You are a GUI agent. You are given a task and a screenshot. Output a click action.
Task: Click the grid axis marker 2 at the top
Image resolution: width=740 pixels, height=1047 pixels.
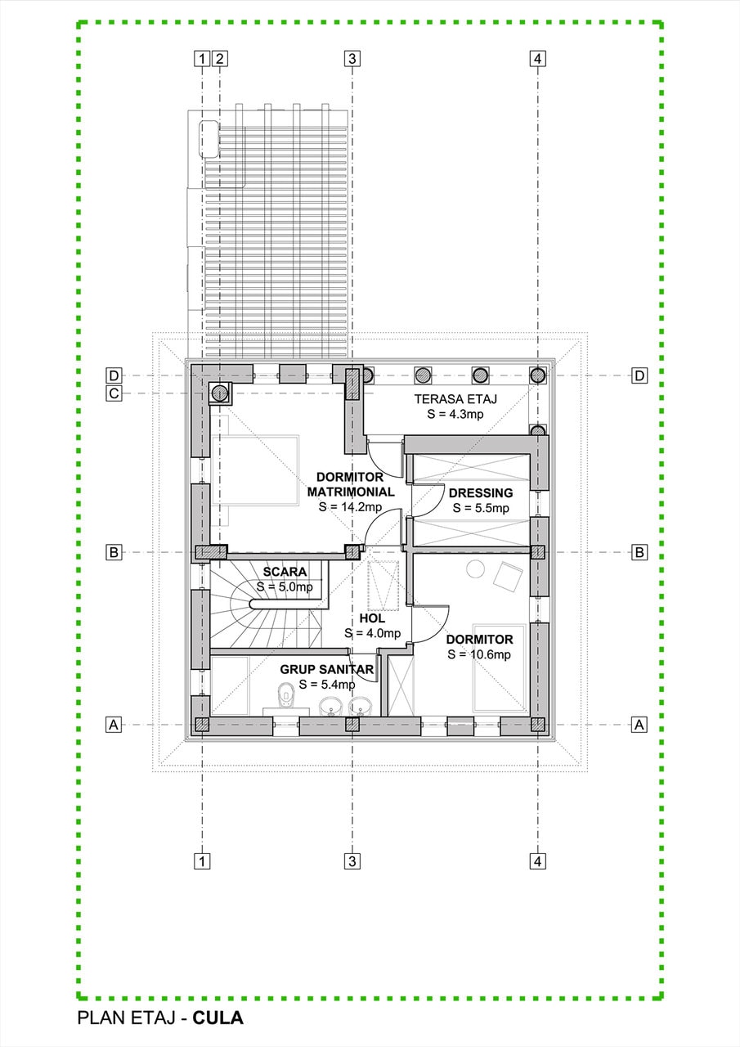click(x=220, y=58)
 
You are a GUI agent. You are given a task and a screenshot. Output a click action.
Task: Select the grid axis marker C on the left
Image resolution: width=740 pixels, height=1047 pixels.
click(x=114, y=393)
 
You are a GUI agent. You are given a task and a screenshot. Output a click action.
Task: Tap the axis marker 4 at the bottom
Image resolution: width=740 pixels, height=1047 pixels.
click(x=537, y=861)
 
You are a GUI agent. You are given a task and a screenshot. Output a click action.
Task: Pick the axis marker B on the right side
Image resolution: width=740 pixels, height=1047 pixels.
click(x=639, y=552)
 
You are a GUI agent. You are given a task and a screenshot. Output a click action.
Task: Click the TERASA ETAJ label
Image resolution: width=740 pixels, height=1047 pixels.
click(x=455, y=399)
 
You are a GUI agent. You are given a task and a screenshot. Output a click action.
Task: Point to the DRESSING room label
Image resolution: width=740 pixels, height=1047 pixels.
click(x=480, y=492)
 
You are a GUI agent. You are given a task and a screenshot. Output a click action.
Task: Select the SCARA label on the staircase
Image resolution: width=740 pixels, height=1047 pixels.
click(x=285, y=571)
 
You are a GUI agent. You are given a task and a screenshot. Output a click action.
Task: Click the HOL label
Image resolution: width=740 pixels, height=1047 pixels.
click(x=372, y=619)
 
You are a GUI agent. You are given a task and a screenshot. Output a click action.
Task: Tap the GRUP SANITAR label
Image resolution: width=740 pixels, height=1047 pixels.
click(x=327, y=669)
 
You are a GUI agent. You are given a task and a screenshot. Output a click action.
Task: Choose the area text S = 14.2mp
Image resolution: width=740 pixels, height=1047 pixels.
click(x=350, y=507)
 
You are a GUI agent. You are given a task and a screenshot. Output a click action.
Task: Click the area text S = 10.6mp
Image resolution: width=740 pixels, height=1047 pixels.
click(x=479, y=654)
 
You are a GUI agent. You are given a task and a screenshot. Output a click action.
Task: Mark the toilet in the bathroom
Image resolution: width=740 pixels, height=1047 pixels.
click(x=285, y=699)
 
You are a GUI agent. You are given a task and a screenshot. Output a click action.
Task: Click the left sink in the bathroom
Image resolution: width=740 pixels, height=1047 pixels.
click(x=330, y=705)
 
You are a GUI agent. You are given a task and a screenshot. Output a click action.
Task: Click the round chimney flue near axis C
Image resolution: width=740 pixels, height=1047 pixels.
click(x=219, y=393)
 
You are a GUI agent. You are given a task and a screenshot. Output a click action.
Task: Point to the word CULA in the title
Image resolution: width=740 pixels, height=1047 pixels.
click(x=218, y=1018)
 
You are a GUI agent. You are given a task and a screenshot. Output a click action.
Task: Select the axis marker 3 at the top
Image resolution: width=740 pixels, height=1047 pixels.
click(x=352, y=58)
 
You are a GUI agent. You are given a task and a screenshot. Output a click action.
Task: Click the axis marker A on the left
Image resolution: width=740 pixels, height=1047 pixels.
click(x=114, y=725)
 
